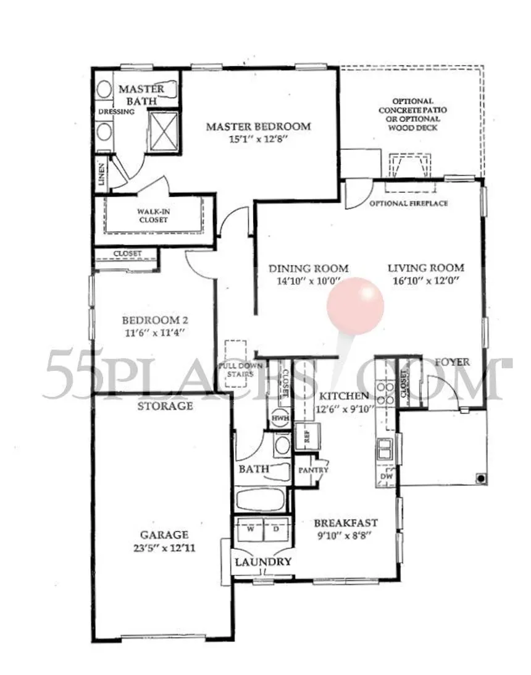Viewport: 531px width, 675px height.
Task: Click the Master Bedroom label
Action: point(258,127)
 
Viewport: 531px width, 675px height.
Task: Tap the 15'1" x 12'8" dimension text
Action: point(258,140)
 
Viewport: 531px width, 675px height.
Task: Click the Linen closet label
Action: point(101,174)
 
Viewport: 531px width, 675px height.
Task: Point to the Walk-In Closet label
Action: point(154,215)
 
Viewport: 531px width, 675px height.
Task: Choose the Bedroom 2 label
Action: point(154,320)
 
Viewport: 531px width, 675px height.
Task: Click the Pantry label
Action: point(313,470)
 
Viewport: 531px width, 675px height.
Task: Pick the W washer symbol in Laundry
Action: point(249,530)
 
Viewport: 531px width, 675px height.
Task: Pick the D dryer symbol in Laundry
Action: point(275,530)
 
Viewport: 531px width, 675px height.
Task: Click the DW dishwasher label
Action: point(387,477)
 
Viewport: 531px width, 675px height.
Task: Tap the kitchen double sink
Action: point(385,448)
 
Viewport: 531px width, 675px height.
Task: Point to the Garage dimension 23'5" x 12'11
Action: point(163,548)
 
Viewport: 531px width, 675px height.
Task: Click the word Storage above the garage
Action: point(165,406)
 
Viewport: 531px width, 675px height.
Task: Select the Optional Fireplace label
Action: point(408,203)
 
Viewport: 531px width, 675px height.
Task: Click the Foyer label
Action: point(452,362)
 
